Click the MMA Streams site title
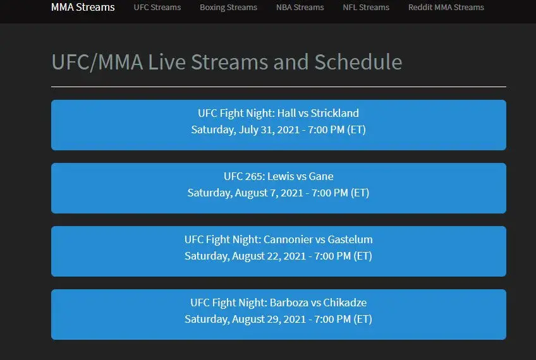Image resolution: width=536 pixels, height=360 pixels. (x=83, y=7)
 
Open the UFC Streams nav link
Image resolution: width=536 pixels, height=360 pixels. (x=157, y=7)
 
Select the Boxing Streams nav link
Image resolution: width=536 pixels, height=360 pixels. (x=228, y=8)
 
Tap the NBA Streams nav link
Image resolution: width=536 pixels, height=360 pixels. (x=300, y=7)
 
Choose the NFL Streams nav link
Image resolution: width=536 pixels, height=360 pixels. (x=366, y=7)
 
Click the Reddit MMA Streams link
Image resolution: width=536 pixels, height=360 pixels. (x=446, y=7)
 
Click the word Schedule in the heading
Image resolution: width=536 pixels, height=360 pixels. (x=358, y=62)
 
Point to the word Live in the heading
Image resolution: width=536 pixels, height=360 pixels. (x=167, y=62)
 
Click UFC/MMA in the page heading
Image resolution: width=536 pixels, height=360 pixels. (x=97, y=63)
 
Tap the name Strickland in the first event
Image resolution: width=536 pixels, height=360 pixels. (x=334, y=113)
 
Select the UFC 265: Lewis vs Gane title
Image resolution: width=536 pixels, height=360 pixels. (x=279, y=176)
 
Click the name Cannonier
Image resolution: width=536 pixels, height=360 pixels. (x=288, y=239)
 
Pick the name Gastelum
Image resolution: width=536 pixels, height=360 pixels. (x=350, y=239)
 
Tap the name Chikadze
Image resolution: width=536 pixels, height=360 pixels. (x=345, y=303)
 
